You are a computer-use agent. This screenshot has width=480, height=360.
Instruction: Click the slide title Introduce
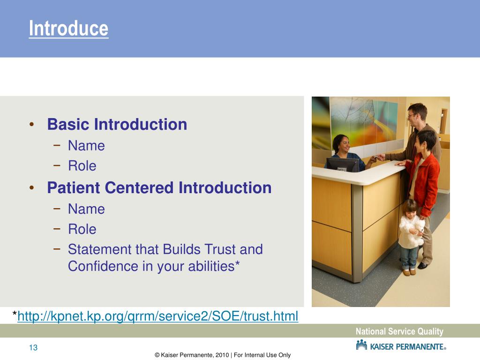click(x=68, y=29)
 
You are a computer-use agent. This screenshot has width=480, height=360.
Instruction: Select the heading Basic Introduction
click(x=117, y=124)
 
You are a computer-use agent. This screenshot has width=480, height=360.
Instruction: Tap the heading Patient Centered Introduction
click(x=159, y=187)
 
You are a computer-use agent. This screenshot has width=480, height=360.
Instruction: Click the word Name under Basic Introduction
click(x=86, y=146)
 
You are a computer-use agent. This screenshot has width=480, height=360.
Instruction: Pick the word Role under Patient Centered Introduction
click(x=82, y=229)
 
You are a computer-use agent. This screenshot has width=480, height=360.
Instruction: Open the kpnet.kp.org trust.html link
click(x=157, y=316)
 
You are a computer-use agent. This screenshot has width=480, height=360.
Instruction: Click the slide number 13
click(x=33, y=347)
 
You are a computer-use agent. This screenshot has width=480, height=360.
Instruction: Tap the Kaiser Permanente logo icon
click(x=361, y=345)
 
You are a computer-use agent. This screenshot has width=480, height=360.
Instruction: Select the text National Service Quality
click(x=399, y=331)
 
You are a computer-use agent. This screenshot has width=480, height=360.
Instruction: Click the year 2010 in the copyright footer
click(x=222, y=355)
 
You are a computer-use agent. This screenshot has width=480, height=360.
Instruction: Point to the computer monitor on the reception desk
click(x=343, y=165)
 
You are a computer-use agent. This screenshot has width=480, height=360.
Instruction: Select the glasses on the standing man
click(x=412, y=115)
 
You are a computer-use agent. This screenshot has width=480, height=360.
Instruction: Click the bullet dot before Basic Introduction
click(x=31, y=124)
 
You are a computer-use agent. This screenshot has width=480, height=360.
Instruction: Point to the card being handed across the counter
click(x=375, y=157)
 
